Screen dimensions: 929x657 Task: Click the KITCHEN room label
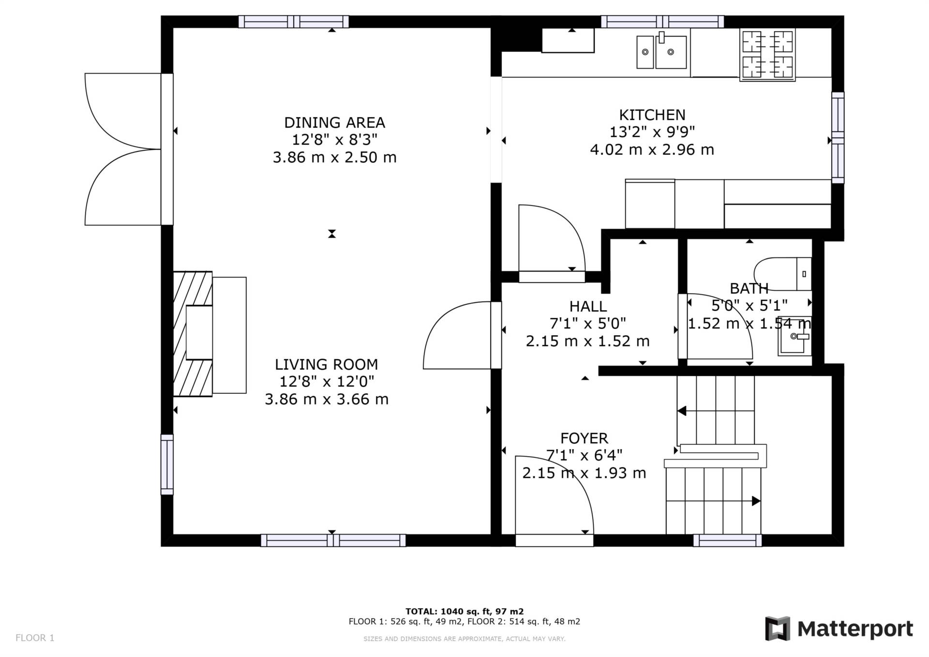pyautogui.click(x=652, y=115)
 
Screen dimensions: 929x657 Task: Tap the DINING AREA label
pyautogui.click(x=334, y=123)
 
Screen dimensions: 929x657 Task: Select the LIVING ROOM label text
pyautogui.click(x=327, y=365)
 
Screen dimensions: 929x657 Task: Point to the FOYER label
pyautogui.click(x=584, y=438)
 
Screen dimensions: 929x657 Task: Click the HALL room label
pyautogui.click(x=588, y=306)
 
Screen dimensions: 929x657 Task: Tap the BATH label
pyautogui.click(x=749, y=289)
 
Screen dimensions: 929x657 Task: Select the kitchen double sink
pyautogui.click(x=661, y=51)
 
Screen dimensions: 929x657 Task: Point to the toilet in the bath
pyautogui.click(x=782, y=274)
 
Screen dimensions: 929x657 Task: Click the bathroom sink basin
pyautogui.click(x=794, y=336)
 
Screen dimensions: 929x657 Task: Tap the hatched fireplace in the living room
pyautogui.click(x=193, y=334)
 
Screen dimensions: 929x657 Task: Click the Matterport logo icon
pyautogui.click(x=778, y=628)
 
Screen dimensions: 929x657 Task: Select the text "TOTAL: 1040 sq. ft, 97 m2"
pyautogui.click(x=464, y=612)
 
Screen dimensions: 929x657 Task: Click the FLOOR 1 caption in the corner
pyautogui.click(x=35, y=638)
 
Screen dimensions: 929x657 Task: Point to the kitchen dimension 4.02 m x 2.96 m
pyautogui.click(x=652, y=150)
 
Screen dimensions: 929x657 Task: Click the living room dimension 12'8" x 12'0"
pyautogui.click(x=327, y=382)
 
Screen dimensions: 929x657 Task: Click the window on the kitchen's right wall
pyautogui.click(x=838, y=138)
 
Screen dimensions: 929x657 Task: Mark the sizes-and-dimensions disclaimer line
pyautogui.click(x=464, y=639)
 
